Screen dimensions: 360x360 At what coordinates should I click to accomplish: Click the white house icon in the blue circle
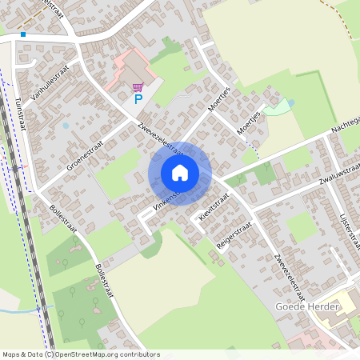click(180, 173)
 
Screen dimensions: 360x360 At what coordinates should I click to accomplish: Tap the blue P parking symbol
click(138, 99)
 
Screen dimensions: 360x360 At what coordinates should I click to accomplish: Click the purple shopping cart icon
click(138, 86)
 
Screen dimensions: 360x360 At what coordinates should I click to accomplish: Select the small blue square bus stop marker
click(23, 34)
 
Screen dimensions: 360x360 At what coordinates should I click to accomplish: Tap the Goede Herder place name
click(308, 307)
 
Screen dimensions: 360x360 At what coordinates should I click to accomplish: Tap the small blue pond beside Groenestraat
click(66, 126)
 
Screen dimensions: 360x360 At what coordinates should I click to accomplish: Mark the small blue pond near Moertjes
click(290, 102)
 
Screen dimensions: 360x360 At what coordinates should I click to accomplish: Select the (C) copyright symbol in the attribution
click(50, 354)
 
